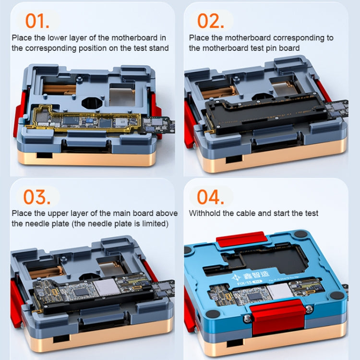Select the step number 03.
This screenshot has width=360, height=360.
tap(37, 197)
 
